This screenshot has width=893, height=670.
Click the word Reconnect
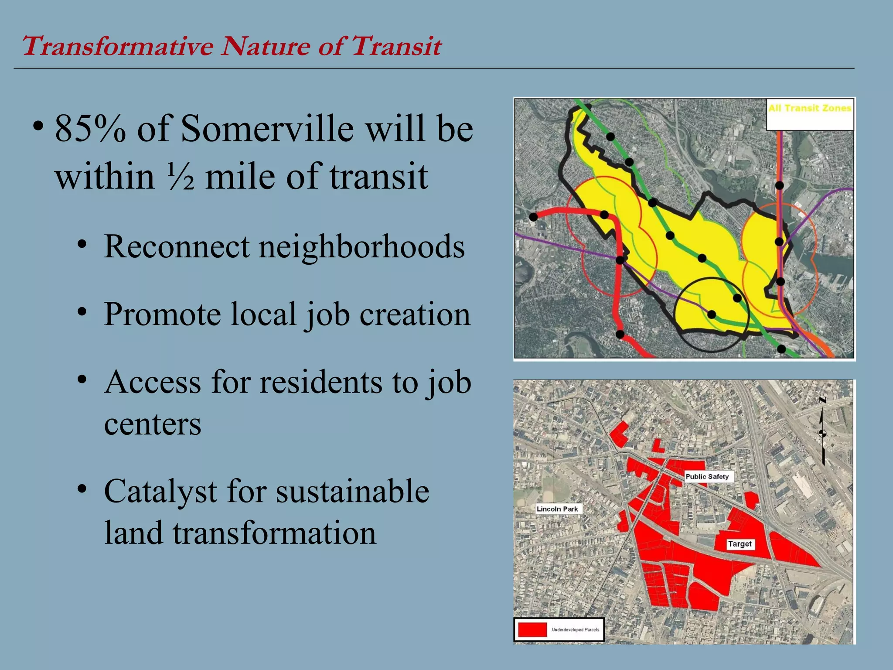(x=177, y=246)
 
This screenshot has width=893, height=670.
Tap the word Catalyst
(x=160, y=492)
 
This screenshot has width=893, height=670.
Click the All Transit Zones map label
(x=810, y=108)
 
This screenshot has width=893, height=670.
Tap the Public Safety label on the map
(x=707, y=476)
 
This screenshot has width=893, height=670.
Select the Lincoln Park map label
(x=557, y=509)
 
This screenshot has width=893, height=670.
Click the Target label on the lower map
(x=740, y=544)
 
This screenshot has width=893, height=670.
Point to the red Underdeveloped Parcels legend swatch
(x=532, y=629)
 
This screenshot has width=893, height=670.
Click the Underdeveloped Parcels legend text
(x=575, y=629)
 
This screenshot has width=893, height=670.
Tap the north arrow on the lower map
(x=822, y=432)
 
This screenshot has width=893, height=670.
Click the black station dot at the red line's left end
(x=533, y=217)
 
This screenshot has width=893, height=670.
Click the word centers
(x=153, y=424)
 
